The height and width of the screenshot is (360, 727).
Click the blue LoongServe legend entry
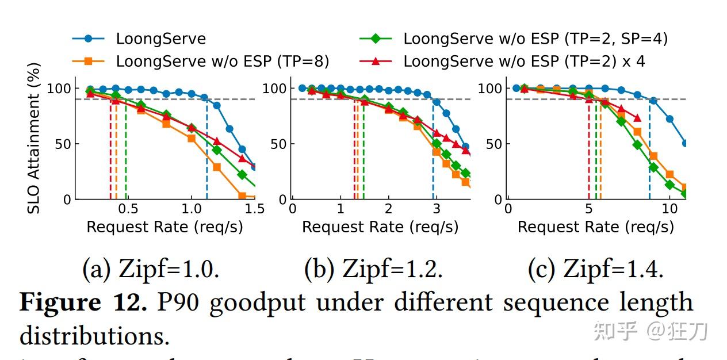click(160, 39)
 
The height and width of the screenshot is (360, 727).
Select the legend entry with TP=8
click(223, 61)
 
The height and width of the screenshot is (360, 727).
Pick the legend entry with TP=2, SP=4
click(535, 39)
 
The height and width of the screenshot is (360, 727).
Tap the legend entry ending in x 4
click(524, 61)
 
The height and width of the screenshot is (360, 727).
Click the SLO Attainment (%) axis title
click(34, 147)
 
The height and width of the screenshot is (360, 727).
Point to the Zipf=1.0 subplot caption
click(151, 269)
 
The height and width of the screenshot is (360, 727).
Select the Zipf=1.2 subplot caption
click(373, 269)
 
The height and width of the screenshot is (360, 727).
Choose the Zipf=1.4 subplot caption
click(596, 269)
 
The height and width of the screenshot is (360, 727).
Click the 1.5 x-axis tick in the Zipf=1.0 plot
click(254, 208)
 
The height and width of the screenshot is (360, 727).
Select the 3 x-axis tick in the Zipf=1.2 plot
click(437, 208)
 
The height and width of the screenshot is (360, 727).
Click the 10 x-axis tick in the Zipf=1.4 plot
click(669, 208)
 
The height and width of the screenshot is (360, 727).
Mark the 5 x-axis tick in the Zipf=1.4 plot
click(588, 208)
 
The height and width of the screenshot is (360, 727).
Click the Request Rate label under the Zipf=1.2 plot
click(380, 227)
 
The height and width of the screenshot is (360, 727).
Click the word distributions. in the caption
click(94, 335)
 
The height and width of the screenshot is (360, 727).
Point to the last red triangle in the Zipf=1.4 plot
click(637, 118)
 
